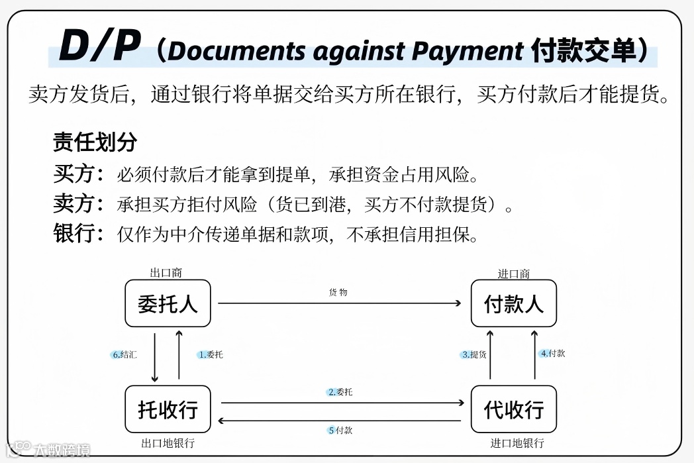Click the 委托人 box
point(168,303)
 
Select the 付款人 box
point(513,303)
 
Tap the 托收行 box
point(168,409)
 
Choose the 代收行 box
point(513,409)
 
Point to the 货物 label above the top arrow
point(338,292)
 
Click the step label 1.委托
point(211,354)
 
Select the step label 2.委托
point(340,392)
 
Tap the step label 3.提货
point(474,354)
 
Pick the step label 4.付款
point(552,353)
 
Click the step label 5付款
point(340,431)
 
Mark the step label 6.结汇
point(124,354)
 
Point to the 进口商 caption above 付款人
point(513,274)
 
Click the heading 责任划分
point(95,142)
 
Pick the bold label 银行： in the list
point(79,234)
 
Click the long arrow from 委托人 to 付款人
point(339,303)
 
